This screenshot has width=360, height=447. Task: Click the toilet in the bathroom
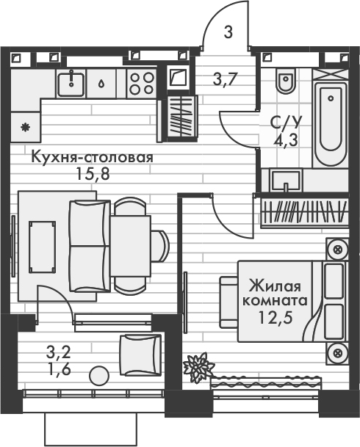[286, 81]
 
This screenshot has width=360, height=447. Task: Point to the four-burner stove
[140, 82]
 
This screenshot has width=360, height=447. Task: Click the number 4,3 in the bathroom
[286, 139]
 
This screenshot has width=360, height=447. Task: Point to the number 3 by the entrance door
[228, 32]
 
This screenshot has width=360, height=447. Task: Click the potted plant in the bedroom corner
[197, 366]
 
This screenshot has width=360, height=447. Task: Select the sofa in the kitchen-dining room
[88, 246]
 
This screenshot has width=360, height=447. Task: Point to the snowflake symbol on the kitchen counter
[26, 126]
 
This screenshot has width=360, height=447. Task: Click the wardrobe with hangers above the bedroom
[303, 212]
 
